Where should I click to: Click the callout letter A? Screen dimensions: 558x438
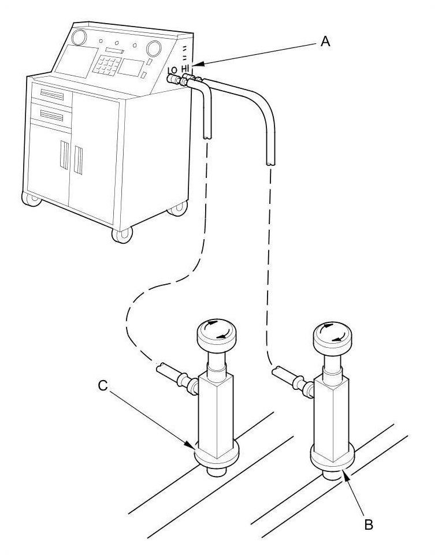click(325, 42)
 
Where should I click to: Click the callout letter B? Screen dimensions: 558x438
click(368, 524)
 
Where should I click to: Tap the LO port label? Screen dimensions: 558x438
click(172, 71)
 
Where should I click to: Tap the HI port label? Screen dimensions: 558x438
click(185, 68)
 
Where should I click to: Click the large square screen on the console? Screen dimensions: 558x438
click(75, 60)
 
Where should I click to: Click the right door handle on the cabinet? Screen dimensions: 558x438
click(78, 160)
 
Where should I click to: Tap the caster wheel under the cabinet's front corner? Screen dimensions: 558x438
click(123, 235)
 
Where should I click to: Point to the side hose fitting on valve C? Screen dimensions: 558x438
click(174, 374)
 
